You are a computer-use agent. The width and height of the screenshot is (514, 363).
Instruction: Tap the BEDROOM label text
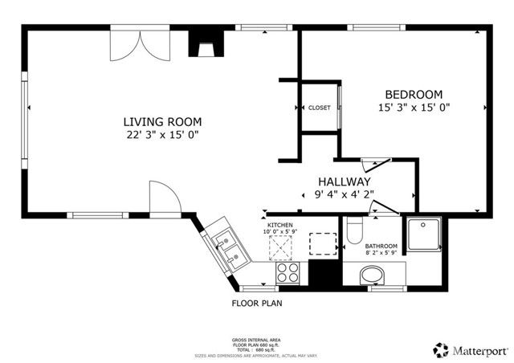[x=414, y=94]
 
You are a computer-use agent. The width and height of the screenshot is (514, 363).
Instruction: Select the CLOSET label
[x=319, y=108]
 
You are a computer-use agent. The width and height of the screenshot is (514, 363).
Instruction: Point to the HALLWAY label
[x=342, y=181]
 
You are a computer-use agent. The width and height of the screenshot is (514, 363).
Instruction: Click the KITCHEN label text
[x=280, y=225]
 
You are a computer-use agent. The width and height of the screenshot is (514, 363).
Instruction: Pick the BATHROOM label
[x=381, y=247]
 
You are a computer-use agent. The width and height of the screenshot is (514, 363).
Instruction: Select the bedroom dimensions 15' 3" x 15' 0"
[x=414, y=108]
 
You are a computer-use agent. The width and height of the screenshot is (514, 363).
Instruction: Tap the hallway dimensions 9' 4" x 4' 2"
[x=342, y=194]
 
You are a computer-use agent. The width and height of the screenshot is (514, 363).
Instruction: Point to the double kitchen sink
[x=227, y=248]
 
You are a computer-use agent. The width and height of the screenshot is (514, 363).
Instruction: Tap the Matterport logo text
[x=479, y=350]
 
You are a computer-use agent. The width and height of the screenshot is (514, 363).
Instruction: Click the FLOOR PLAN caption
[x=257, y=304]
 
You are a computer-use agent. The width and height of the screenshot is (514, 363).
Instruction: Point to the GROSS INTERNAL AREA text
[x=257, y=341]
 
